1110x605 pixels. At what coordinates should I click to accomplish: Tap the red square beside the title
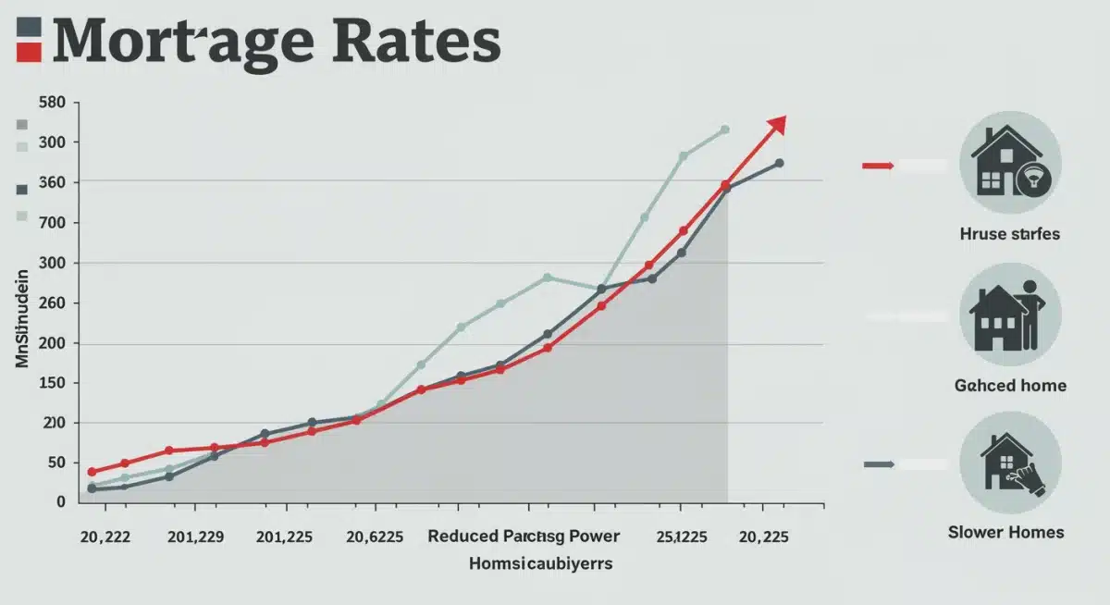point(29,52)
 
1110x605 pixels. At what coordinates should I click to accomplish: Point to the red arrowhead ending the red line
point(777,124)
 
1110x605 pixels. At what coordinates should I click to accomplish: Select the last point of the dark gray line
point(779,163)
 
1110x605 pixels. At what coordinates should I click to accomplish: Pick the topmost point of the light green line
point(724,130)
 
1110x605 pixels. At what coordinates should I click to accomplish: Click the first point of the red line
point(92,472)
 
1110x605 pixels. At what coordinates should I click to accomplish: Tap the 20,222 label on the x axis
point(105,537)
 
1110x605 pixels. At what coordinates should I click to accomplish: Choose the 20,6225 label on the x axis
point(374,537)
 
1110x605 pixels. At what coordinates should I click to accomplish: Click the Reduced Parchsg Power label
point(524,537)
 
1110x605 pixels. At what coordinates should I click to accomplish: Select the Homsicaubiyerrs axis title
point(540,563)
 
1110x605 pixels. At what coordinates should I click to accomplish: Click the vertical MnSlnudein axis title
point(22,314)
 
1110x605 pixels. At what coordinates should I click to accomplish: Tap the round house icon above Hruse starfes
point(1010,167)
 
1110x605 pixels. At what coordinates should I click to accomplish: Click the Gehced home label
point(1010,385)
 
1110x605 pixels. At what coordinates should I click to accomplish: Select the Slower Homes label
point(1006,532)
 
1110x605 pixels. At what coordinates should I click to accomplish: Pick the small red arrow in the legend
point(878,166)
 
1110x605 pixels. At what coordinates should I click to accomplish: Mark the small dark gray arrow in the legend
point(878,464)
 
